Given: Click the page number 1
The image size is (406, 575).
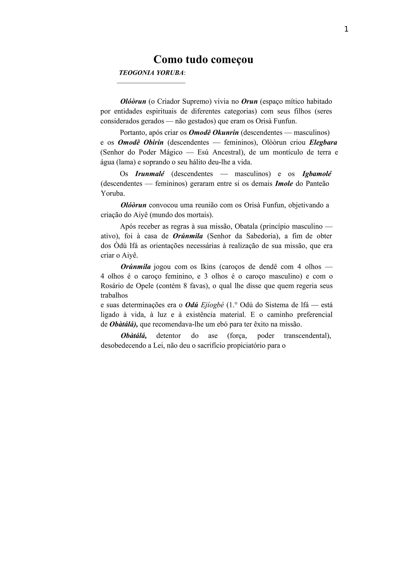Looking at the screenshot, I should [x=346, y=30].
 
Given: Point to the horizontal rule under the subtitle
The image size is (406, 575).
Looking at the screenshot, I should [x=151, y=83].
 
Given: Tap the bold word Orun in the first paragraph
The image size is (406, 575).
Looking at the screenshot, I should [x=249, y=101].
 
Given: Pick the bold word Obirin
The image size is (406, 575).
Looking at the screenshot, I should [x=154, y=142].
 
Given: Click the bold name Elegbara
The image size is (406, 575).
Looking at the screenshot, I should [x=323, y=142].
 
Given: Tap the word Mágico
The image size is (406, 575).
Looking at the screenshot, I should [x=169, y=152].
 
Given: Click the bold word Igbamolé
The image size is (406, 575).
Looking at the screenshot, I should [x=317, y=174].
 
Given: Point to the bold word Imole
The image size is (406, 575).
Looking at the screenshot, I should [x=284, y=184].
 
